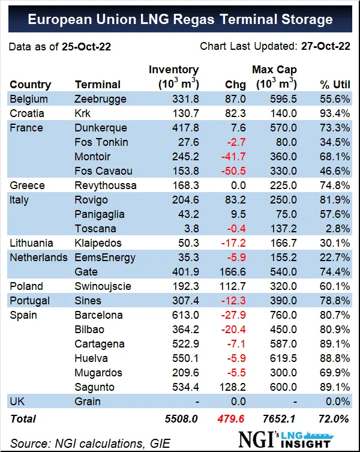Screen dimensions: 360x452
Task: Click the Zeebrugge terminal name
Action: [x=100, y=99]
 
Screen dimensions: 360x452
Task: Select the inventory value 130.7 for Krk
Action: [x=185, y=113]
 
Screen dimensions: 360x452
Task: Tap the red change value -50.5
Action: [x=233, y=171]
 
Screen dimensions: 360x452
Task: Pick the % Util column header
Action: [x=335, y=85]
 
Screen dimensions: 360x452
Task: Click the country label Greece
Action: [x=27, y=185]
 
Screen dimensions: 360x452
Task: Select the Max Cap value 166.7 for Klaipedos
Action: [x=283, y=243]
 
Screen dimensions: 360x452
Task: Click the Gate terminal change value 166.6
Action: [x=233, y=272]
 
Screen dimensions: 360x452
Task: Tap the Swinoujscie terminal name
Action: [x=103, y=286]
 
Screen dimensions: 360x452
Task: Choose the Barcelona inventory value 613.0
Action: [x=185, y=315]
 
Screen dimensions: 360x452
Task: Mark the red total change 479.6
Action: [x=231, y=419]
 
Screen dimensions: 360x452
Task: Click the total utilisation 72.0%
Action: [x=334, y=419]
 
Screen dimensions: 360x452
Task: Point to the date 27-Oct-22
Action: [x=326, y=46]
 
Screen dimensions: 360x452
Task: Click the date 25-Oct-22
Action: [x=86, y=47]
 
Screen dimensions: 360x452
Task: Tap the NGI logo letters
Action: [x=256, y=439]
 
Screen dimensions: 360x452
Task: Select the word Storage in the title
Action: [x=307, y=19]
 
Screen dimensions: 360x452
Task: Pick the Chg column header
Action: [x=235, y=85]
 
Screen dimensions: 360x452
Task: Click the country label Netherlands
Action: [x=38, y=258]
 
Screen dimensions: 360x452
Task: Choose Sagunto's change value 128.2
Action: [x=233, y=387]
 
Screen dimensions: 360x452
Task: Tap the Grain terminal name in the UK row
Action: [x=88, y=402]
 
